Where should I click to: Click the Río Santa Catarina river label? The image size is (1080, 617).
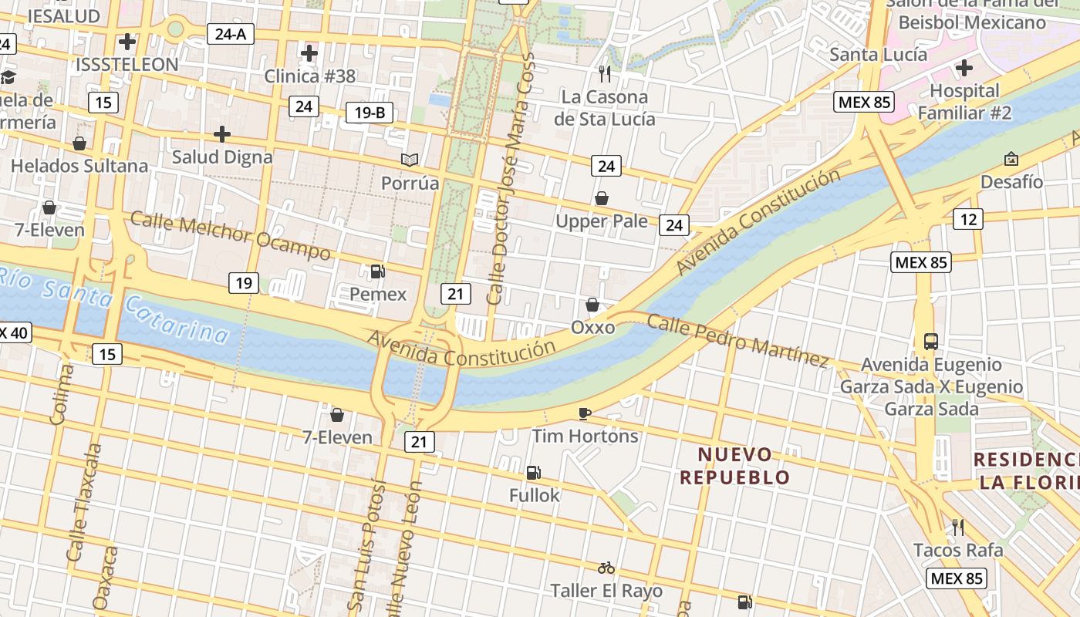tap(116, 304)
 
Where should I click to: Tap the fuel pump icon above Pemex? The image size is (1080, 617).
tap(378, 271)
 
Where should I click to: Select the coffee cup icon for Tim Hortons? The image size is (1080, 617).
tap(585, 413)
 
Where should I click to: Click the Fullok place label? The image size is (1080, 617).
tap(535, 495)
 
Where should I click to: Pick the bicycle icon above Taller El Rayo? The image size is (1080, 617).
tap(606, 568)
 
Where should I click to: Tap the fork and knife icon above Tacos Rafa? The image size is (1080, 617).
tap(958, 528)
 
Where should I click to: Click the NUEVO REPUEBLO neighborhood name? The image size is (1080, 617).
tap(735, 466)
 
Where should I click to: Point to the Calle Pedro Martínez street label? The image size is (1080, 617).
tap(737, 340)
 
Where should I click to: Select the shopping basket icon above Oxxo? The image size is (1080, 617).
tap(592, 305)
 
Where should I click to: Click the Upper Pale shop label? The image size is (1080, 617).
tap(602, 221)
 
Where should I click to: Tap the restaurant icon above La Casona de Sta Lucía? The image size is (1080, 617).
tap(605, 74)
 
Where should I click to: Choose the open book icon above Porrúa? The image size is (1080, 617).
tap(410, 160)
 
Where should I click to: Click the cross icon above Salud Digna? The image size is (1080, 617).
tap(222, 135)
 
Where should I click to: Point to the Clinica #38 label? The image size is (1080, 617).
tap(310, 76)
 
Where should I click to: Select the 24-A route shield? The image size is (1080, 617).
tap(231, 34)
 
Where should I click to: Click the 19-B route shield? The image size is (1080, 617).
tap(370, 113)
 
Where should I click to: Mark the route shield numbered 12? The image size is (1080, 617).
tap(968, 220)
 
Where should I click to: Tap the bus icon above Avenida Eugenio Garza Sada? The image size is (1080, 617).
tap(931, 341)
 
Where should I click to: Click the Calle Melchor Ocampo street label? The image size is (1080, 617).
tap(231, 236)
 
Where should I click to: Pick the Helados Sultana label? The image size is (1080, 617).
tap(79, 166)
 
